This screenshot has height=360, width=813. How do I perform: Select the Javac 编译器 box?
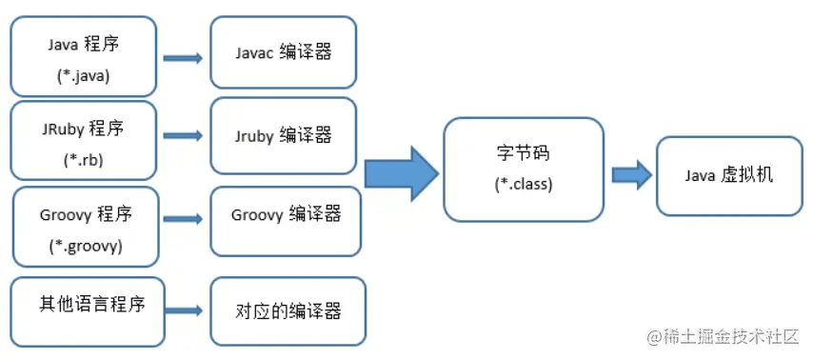[x=284, y=52]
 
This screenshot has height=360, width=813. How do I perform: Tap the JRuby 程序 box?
[x=82, y=141]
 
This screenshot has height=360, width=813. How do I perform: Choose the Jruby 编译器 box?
[x=284, y=135]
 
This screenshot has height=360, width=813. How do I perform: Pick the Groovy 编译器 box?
[x=286, y=220]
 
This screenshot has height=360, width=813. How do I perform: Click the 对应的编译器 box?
[x=288, y=310]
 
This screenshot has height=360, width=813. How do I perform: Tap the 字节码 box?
[x=523, y=169]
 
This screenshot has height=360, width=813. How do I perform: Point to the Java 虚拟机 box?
[x=728, y=175]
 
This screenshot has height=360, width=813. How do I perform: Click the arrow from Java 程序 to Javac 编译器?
[x=183, y=58]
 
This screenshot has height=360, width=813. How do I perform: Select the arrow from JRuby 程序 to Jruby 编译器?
[x=183, y=136]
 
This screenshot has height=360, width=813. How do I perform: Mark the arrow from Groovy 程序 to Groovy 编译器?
[x=183, y=219]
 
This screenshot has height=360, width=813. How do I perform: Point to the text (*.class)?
[x=523, y=184]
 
